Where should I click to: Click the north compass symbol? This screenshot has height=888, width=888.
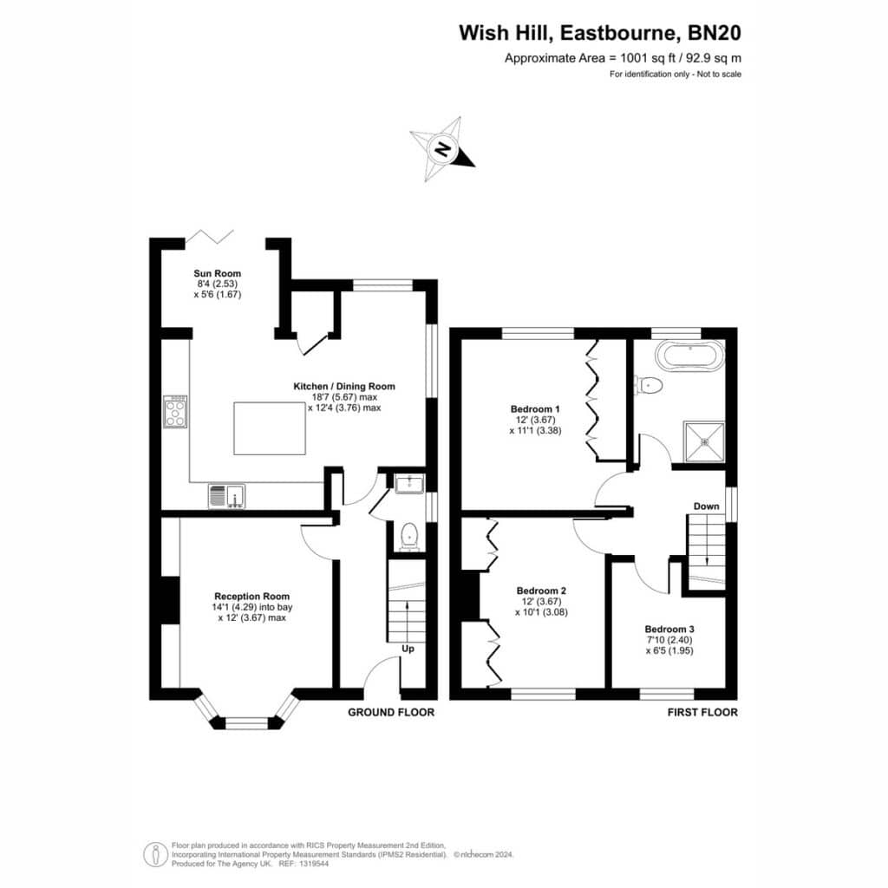coord(443,149)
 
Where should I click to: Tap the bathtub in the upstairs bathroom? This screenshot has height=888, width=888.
coord(689,356)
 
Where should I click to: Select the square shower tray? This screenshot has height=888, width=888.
coord(704,441)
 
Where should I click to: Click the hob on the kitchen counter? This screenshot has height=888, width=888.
coord(175,412)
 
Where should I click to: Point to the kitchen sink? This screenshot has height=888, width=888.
coord(226,496)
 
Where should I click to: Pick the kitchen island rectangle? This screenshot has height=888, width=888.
coord(270,428)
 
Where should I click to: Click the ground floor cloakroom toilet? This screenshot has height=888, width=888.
coord(408,537)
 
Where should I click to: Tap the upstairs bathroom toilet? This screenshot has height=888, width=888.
coord(649,386)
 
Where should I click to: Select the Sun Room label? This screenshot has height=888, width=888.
coord(218,284)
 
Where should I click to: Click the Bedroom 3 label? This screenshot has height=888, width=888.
coord(669,639)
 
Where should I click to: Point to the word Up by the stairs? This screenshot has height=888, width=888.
coord(408,649)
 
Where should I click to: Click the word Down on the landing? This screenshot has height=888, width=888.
coord(706,506)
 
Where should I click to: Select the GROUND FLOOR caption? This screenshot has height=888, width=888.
coord(391,713)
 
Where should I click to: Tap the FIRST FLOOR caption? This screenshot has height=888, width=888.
coord(702,713)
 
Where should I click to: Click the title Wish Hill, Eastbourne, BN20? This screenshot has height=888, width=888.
coord(600,33)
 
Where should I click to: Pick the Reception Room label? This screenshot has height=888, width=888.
coord(252,607)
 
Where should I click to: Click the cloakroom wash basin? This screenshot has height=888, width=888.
coord(409,484)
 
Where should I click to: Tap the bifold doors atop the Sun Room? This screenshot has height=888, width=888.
coord(210,237)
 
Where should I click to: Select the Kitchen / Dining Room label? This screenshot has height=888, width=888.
coord(344,396)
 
